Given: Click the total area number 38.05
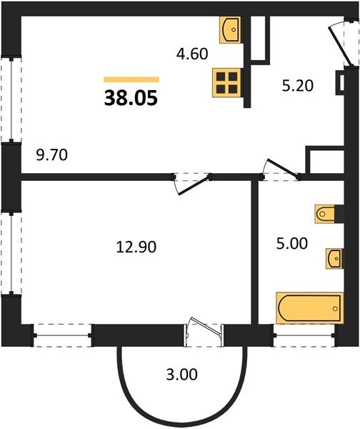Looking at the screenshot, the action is (x=131, y=98).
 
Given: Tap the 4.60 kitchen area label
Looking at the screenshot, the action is (x=192, y=54).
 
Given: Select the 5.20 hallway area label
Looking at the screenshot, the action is (x=297, y=86).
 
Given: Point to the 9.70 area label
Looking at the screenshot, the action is (x=51, y=155).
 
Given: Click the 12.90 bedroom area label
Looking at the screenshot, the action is (x=136, y=247).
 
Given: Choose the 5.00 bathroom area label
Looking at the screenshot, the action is (x=292, y=244).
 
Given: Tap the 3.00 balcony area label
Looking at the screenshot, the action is (x=181, y=374).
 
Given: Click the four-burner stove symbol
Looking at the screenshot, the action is (x=227, y=83).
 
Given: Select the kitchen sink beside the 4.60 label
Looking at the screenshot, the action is (x=230, y=29).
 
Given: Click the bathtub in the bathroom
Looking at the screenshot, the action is (x=310, y=308).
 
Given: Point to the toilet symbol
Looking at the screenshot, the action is (x=325, y=213).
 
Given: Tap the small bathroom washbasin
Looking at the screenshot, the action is (x=334, y=258).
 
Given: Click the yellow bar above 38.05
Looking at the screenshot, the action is (x=131, y=79).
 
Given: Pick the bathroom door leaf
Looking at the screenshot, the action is (x=282, y=167).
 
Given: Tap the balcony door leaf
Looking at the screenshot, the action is (x=205, y=326).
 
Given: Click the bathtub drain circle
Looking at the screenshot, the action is (x=335, y=309).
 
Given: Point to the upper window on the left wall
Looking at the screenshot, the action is (x=11, y=100).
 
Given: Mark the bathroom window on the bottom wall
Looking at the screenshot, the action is (x=304, y=335).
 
